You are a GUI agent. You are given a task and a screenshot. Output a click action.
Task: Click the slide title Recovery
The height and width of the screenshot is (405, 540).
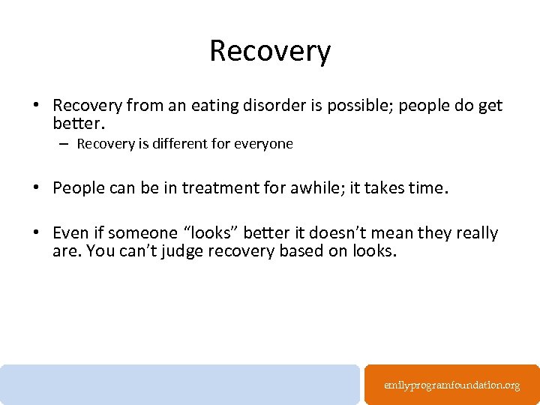pos(270,51)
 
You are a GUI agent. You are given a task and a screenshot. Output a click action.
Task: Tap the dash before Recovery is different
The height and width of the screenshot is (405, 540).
pos(66,143)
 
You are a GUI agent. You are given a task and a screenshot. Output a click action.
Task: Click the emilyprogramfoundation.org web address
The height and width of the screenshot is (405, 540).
pos(451,385)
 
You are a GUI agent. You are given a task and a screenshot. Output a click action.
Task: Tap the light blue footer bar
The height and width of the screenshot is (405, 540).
pos(180,384)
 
